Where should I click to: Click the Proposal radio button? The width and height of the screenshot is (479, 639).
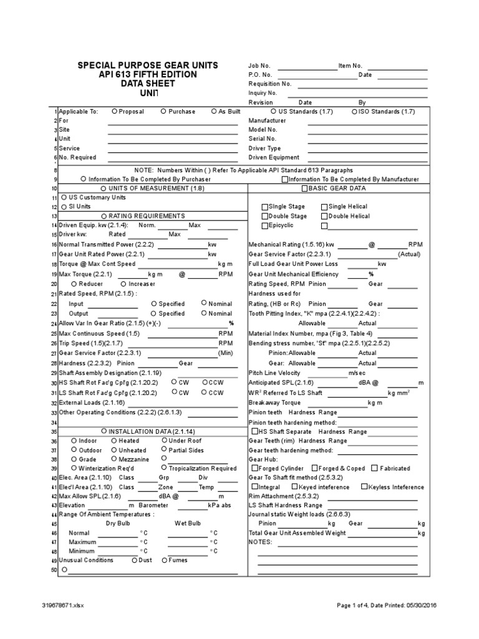coord(114,111)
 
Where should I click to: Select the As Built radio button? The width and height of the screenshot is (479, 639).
coord(213,111)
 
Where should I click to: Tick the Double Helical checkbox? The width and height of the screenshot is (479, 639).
coord(324,216)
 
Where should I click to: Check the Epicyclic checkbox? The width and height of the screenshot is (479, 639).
coord(264,225)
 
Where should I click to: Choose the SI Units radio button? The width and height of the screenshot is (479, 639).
coord(64,206)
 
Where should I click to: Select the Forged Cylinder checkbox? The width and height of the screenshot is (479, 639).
coord(253,468)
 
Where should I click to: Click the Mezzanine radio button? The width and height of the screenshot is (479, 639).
coord(114,459)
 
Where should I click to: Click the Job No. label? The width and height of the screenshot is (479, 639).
coord(259,66)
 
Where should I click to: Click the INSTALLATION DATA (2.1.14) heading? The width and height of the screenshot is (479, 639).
coord(147,431)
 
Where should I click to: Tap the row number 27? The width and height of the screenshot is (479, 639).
coord(54,353)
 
